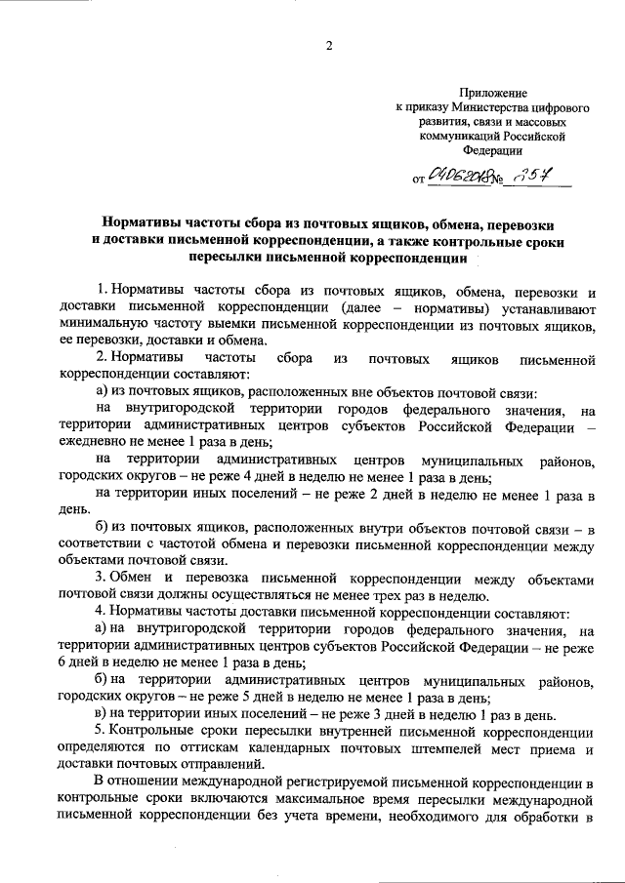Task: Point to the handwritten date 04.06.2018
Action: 466,178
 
